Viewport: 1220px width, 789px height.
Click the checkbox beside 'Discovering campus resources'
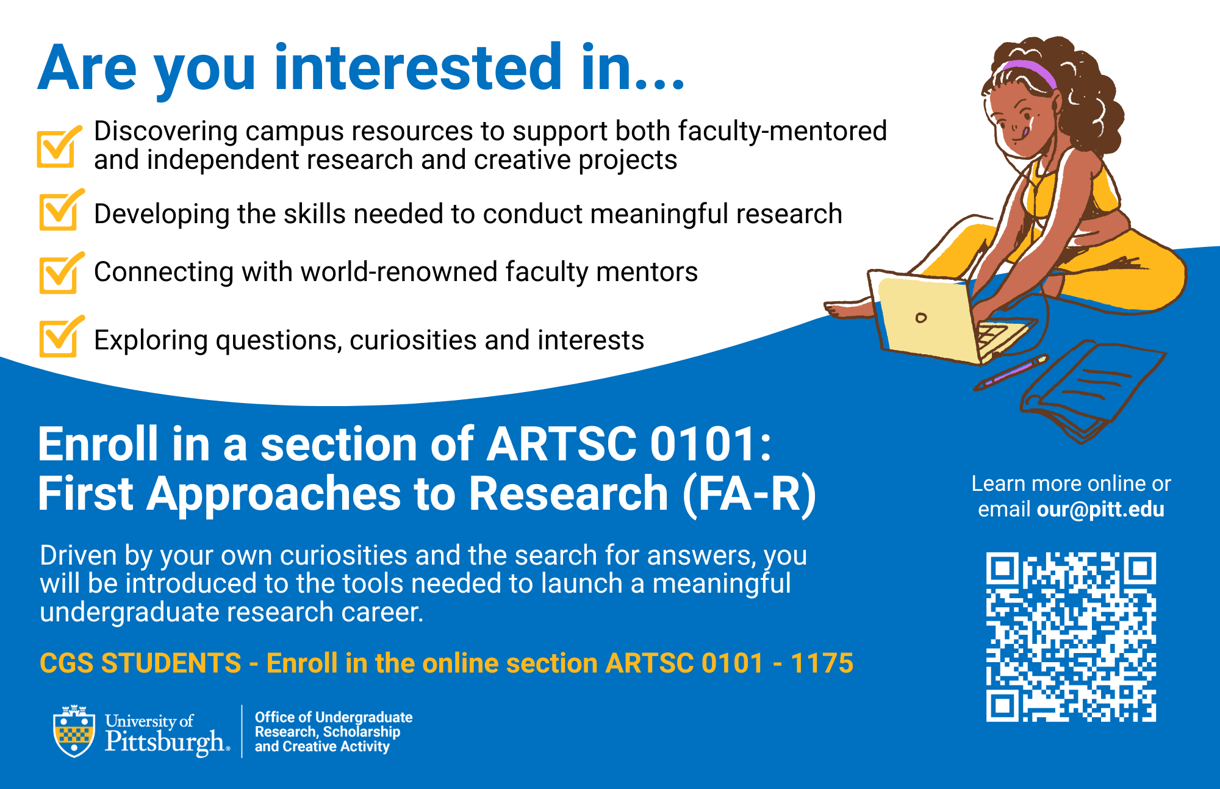tap(57, 148)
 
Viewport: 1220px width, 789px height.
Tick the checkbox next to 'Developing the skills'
tap(59, 212)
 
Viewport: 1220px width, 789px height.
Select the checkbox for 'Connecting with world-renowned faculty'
tap(59, 275)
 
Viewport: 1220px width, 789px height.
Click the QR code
tap(1071, 637)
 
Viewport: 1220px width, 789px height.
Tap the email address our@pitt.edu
tap(1100, 509)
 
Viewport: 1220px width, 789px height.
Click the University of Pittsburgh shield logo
tap(74, 732)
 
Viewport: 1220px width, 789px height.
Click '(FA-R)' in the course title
tap(749, 494)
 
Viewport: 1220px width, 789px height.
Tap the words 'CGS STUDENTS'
tap(140, 663)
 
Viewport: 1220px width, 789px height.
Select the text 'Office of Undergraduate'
tap(334, 717)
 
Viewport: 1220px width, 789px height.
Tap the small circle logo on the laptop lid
tap(921, 318)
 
